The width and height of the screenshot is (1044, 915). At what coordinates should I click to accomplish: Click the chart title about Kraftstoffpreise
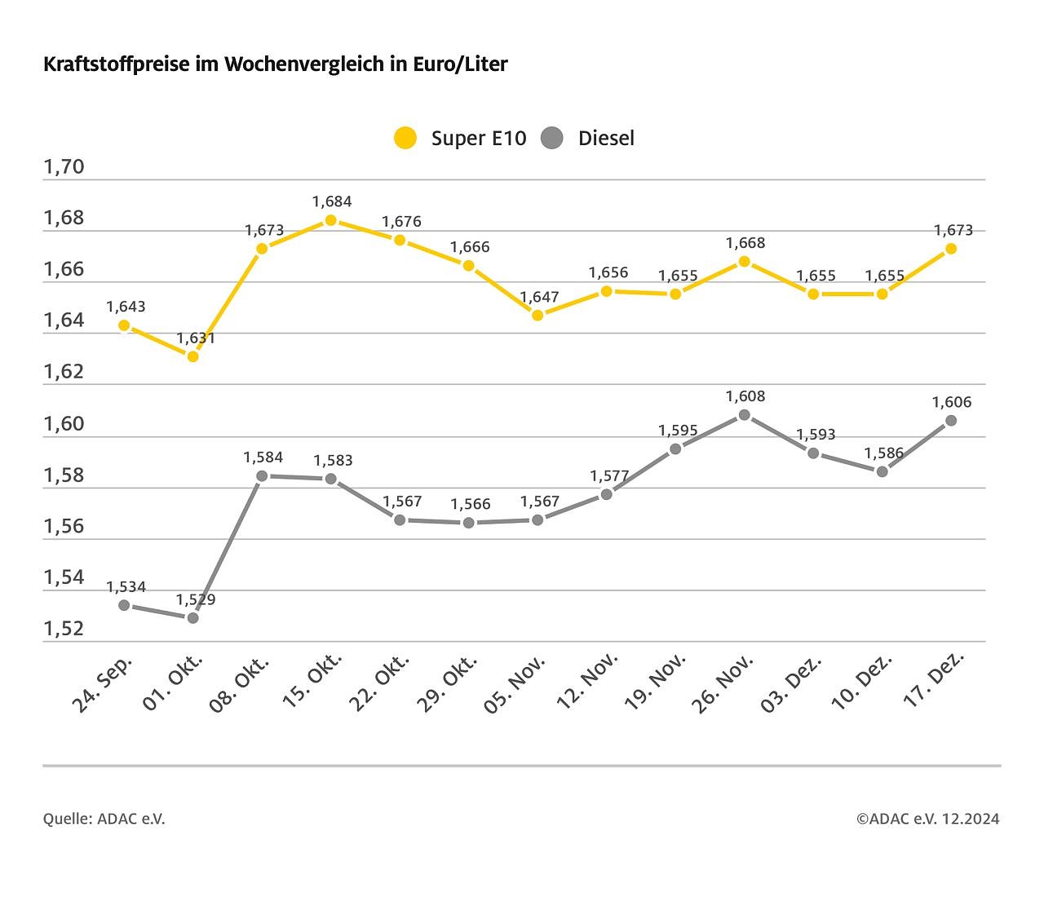tap(275, 64)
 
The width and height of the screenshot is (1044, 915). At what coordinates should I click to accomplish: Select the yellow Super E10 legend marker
tap(405, 138)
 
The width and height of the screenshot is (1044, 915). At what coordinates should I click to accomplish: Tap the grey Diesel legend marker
tap(552, 138)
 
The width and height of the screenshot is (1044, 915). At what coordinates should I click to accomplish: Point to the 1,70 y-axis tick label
tap(64, 167)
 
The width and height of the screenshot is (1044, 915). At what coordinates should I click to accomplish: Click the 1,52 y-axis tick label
tap(64, 629)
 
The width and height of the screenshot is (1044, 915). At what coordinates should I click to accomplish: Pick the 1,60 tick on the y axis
tap(64, 424)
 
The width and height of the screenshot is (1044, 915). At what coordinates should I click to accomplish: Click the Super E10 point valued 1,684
tap(331, 220)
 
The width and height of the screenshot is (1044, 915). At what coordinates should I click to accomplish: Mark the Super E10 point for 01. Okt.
tap(193, 356)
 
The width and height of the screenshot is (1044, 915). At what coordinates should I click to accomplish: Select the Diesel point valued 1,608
tap(744, 415)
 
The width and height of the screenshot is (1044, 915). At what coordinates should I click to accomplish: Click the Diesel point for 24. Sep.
tap(124, 605)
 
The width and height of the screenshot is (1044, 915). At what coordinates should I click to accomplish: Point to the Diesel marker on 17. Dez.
tap(951, 421)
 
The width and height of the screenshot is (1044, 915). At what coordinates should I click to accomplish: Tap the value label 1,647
tap(540, 297)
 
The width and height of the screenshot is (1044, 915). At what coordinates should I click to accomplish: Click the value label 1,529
tap(196, 599)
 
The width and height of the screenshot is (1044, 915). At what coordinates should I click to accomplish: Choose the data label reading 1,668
tap(745, 243)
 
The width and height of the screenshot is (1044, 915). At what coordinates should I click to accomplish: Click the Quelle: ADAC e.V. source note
tap(104, 819)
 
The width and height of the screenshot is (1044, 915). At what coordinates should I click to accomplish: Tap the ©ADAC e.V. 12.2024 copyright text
tap(927, 819)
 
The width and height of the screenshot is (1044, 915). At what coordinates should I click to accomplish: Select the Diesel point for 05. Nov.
tap(537, 519)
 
